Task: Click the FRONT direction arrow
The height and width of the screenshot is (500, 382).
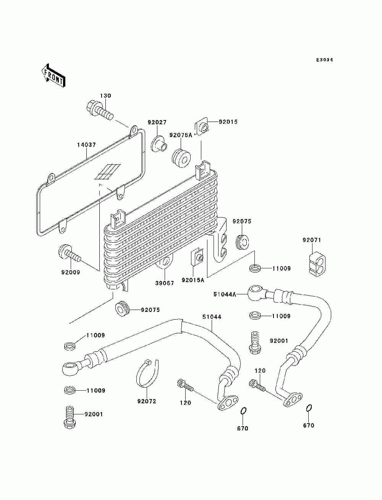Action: pyautogui.click(x=53, y=75)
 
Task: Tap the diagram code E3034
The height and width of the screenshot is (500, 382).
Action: pyautogui.click(x=324, y=60)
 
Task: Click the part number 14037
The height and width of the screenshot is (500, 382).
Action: pyautogui.click(x=86, y=145)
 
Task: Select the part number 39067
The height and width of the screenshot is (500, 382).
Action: pyautogui.click(x=164, y=283)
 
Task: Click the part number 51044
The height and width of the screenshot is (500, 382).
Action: pyautogui.click(x=212, y=317)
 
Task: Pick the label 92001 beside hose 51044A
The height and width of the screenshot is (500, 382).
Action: pyautogui.click(x=279, y=341)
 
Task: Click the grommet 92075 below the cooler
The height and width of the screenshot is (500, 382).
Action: pyautogui.click(x=123, y=308)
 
